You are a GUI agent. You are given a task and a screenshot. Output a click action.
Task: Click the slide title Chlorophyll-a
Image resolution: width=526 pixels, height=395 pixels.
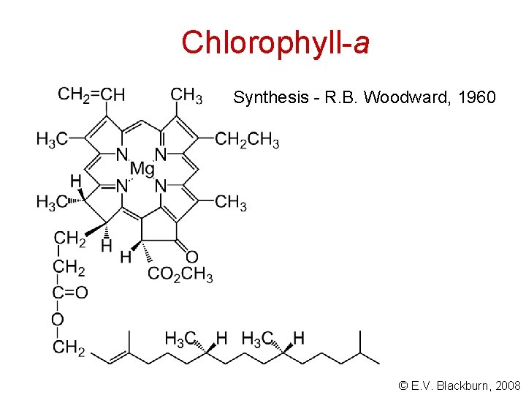pos(275,42)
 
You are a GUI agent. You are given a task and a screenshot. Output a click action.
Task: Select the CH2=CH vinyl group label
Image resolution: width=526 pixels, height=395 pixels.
pos(91,95)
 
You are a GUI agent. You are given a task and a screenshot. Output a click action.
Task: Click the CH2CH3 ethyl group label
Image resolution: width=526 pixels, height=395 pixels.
pos(247,140)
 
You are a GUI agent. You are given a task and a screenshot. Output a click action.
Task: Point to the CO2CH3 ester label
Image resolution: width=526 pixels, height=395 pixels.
pos(180,275)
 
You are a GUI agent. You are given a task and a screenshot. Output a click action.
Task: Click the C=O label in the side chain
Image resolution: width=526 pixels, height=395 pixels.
pos(70,293)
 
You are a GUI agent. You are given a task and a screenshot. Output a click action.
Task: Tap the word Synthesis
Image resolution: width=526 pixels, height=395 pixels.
pos(264,97)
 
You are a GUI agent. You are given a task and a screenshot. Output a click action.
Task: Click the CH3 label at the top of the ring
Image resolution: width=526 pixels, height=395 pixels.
pos(186,95)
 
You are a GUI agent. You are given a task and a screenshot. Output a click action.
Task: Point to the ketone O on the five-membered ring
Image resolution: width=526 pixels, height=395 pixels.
pos(191,257)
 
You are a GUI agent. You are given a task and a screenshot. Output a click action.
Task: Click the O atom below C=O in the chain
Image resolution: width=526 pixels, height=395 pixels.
pos(58,320)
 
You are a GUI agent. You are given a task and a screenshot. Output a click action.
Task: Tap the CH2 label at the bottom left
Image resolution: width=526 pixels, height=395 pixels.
pos(69,347)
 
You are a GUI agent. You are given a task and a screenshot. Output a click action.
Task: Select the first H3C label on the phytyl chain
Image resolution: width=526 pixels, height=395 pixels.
pos(180,339)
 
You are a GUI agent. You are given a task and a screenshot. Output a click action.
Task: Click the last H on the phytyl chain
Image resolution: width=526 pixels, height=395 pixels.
pos(298,339)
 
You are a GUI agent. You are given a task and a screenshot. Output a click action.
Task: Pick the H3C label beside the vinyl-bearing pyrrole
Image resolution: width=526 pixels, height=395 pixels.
pos(53,139)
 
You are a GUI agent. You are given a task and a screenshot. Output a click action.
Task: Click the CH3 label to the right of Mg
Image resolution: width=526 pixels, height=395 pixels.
pos(231,202)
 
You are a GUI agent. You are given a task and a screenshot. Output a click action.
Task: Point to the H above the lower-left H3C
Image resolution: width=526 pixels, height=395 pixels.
pos(75,181)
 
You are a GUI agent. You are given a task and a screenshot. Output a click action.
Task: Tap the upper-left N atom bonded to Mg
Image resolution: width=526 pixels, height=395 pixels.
pos(121,155)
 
